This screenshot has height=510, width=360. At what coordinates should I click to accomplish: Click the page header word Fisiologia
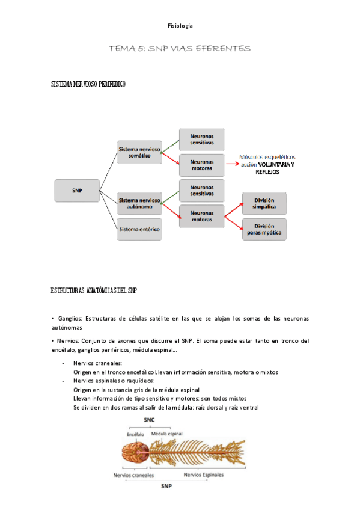coord(180,26)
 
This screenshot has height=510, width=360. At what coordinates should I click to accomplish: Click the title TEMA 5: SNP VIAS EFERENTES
coord(180,48)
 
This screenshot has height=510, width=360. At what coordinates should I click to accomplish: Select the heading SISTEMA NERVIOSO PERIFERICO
coord(88,85)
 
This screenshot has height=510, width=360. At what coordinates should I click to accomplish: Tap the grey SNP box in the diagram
coord(76,191)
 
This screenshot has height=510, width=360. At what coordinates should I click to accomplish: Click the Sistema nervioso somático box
coord(139,153)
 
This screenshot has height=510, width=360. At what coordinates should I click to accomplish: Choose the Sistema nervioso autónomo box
coord(139,203)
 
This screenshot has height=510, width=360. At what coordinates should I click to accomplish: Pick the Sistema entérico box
coord(139,229)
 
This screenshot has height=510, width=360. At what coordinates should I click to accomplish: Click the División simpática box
coord(264,203)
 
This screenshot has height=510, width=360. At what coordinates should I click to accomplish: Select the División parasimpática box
coord(264,230)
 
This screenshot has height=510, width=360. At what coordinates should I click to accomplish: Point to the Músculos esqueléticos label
coord(268,155)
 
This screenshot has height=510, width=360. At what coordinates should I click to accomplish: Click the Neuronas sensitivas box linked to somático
coord(201,140)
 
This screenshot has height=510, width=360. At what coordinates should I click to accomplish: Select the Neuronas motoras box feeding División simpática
coord(201,216)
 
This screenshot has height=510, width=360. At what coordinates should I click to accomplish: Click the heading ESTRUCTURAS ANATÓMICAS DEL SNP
coord(94,290)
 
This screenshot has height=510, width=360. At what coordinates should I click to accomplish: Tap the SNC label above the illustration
coord(150,419)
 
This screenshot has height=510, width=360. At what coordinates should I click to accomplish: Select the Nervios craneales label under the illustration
coord(133,475)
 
